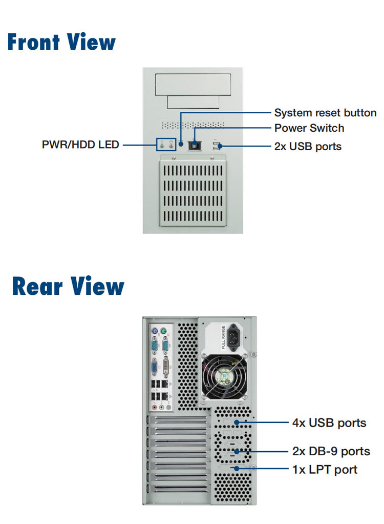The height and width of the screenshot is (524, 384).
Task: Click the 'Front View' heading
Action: coord(61,42)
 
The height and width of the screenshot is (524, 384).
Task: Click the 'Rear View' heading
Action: coord(68,286)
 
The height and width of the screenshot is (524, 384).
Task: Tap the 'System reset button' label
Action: coord(325,113)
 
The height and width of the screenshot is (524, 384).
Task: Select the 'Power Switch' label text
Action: coord(309,128)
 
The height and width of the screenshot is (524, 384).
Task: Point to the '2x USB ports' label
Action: coord(308,147)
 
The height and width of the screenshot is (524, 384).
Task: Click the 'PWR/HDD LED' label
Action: coord(80,145)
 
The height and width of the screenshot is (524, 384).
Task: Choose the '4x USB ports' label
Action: coord(329,423)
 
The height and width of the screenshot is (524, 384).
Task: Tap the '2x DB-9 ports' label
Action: coord(331,451)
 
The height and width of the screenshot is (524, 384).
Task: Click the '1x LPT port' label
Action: coord(325,469)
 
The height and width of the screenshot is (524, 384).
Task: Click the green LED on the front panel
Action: coord(163,145)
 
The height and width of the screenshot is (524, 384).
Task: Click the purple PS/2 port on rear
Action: coord(154,332)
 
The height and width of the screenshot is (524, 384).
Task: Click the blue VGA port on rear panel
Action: coord(154,368)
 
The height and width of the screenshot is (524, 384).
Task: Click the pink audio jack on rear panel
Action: coord(153,408)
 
